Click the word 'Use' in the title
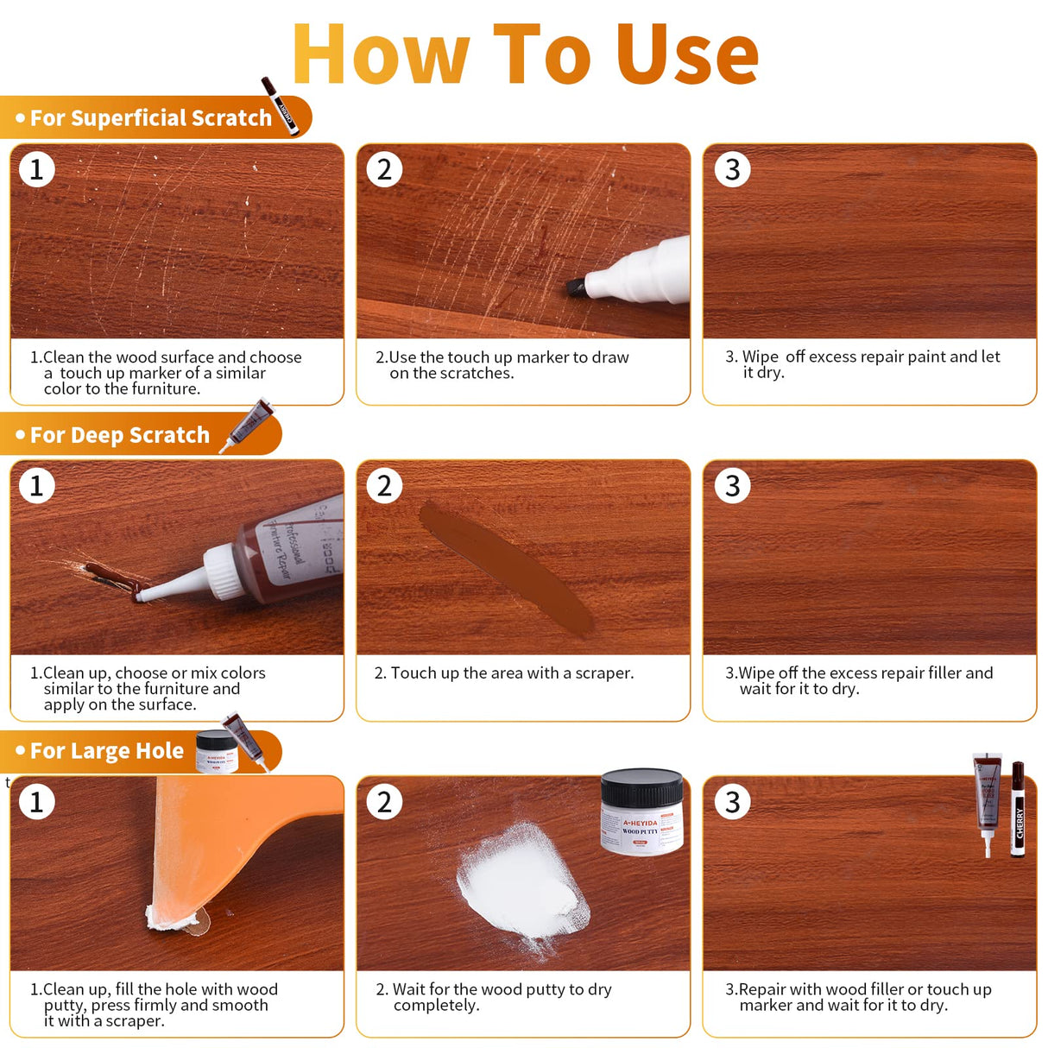(687, 54)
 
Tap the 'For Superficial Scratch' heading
(150, 118)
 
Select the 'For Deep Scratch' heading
(119, 435)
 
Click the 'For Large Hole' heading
(106, 751)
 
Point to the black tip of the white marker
(575, 287)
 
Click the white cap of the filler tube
(223, 572)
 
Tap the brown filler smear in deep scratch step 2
(505, 567)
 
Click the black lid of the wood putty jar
(641, 788)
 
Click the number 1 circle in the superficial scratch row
(36, 169)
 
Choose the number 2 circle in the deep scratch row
(384, 486)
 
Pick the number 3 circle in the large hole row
(732, 802)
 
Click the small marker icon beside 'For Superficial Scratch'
(281, 105)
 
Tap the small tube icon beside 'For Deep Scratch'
(248, 425)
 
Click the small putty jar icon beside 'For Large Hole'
(216, 750)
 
